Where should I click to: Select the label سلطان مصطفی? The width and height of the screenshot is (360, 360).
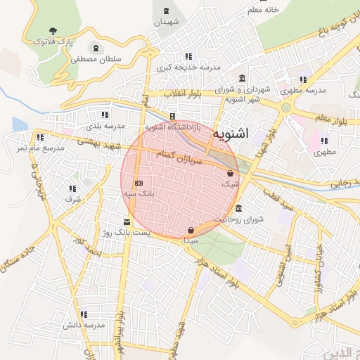point(96,60)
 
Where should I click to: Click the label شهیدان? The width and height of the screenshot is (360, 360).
point(167,22)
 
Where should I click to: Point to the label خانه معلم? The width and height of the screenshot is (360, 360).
point(263,10)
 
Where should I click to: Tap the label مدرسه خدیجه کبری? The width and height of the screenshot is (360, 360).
point(188,67)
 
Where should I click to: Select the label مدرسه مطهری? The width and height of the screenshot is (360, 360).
point(303,91)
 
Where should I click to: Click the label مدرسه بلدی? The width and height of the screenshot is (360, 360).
point(105,126)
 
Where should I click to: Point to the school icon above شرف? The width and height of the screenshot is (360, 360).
point(72,188)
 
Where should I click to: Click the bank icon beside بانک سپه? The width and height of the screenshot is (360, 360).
point(139,182)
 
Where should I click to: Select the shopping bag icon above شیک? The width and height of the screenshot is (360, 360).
point(230,172)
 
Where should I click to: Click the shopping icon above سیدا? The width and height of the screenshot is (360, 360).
point(191,230)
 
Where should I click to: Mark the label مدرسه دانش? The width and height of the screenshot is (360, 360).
point(84,325)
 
